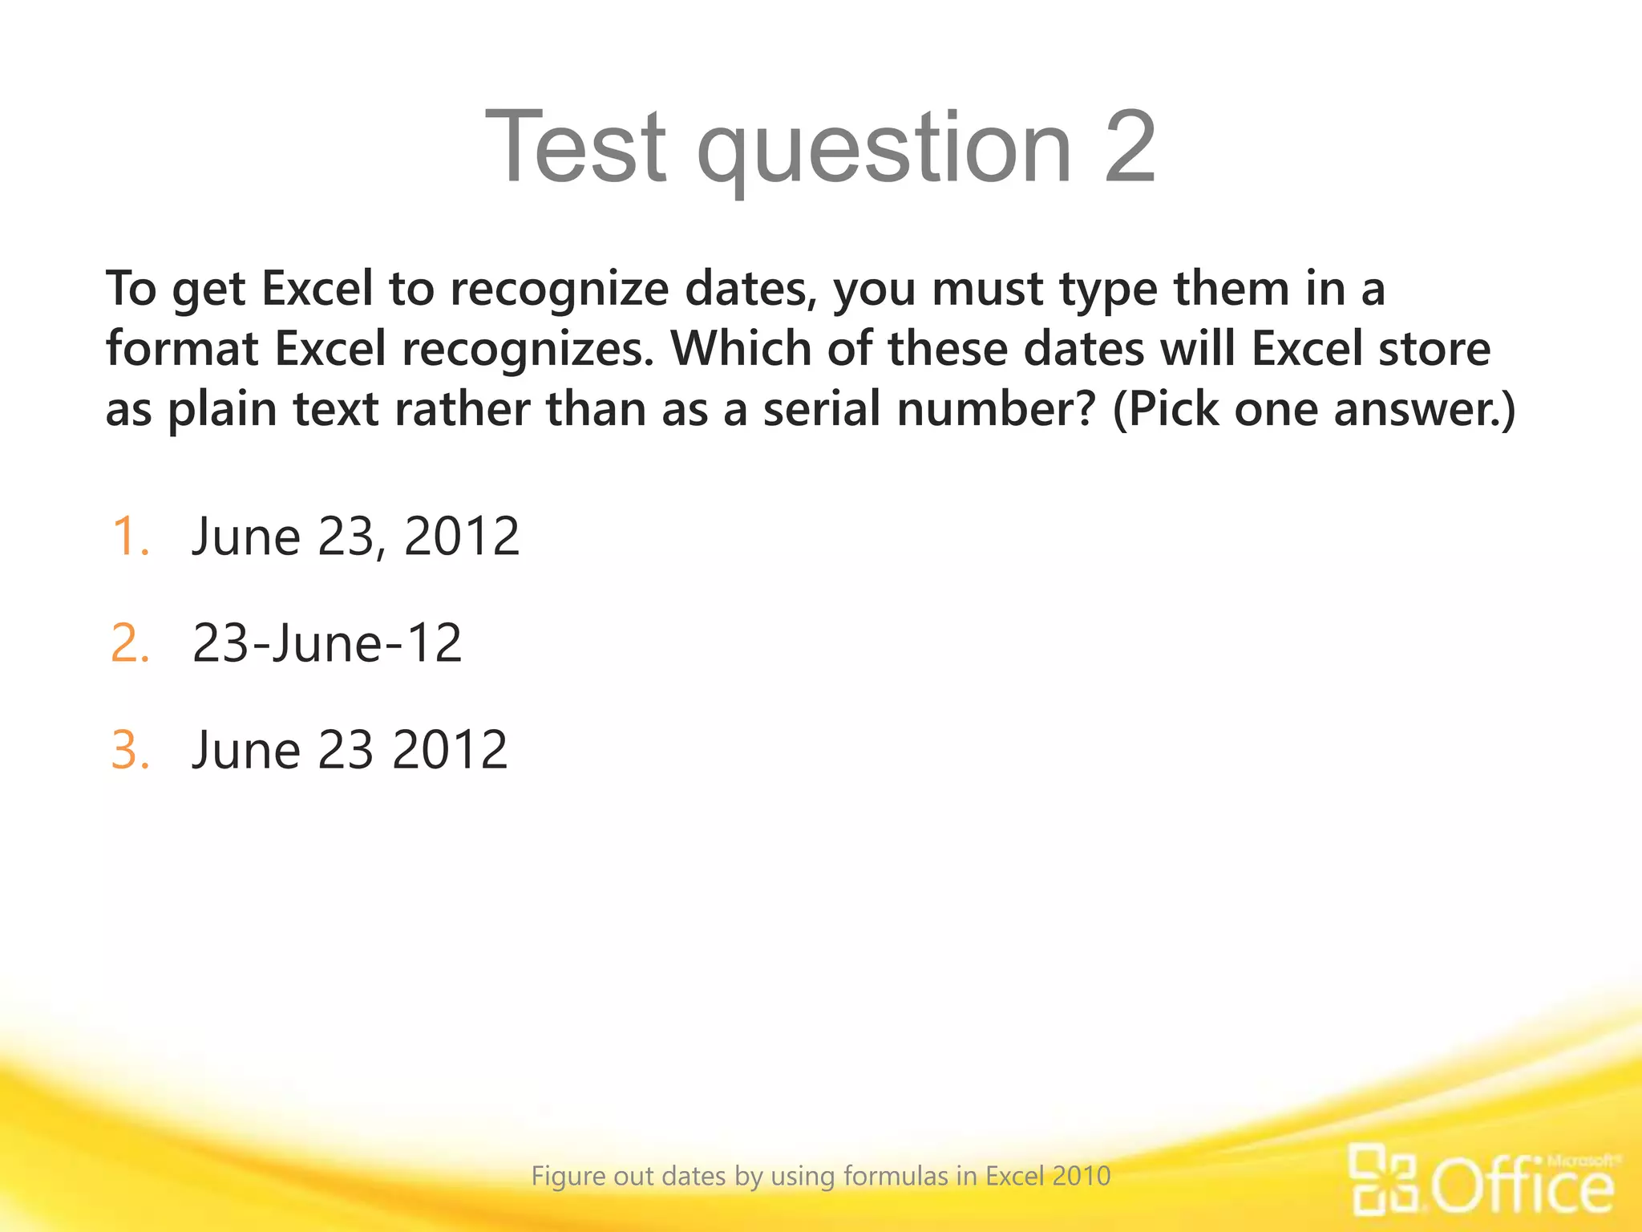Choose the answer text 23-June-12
click(327, 643)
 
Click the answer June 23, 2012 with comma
click(356, 536)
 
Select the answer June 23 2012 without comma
click(350, 750)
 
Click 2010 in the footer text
click(1082, 1176)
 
